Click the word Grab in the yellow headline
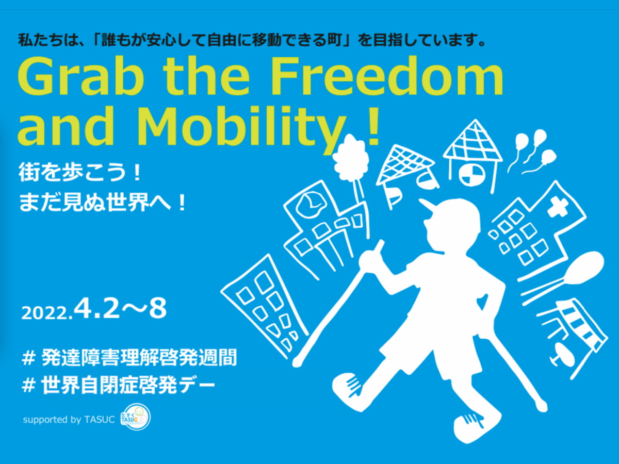point(81,76)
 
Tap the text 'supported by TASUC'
point(69,420)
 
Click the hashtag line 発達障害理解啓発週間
point(129,358)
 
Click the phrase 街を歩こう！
point(80,174)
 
